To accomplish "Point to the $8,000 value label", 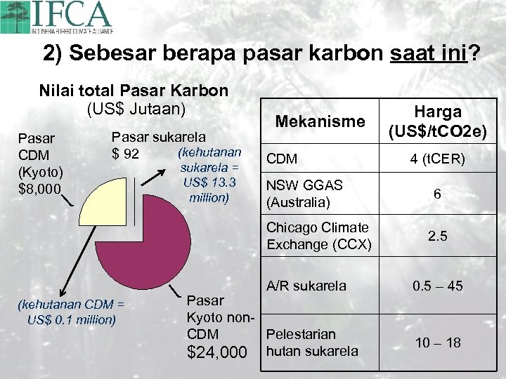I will pos(39,188).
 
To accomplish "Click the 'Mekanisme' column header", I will pos(310,121).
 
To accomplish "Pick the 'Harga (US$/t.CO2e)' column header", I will pos(437,121).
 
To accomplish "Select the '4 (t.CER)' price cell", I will pos(437,159).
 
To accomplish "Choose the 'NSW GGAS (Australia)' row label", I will pos(304,194).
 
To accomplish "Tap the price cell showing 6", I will pos(437,194).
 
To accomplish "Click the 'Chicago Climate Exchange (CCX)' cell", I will pos(317,236).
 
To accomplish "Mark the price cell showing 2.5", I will pos(437,237).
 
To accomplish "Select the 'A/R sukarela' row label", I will pos(306,286).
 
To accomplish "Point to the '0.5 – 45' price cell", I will pos(437,286).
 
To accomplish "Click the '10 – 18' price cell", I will pos(437,343).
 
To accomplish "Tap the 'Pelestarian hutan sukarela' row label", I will pos(312,343).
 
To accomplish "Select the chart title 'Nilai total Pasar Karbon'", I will pos(134,91).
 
